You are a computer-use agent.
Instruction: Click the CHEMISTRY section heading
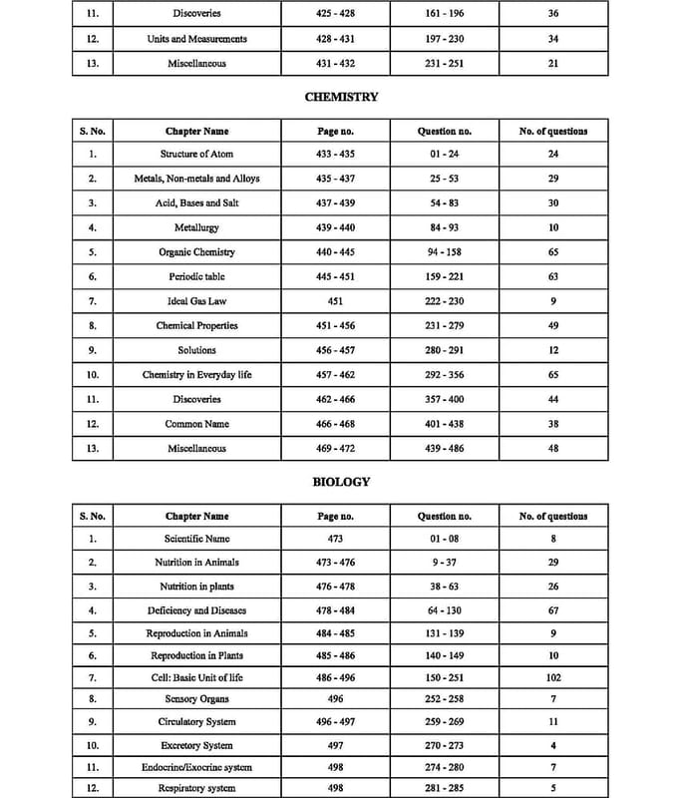(x=340, y=98)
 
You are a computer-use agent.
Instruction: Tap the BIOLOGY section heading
(x=341, y=482)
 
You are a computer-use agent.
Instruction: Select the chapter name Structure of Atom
(x=196, y=155)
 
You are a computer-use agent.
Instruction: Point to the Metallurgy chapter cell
(x=196, y=228)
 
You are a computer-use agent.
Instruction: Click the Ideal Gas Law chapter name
(x=196, y=301)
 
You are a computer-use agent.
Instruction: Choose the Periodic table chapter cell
(x=196, y=276)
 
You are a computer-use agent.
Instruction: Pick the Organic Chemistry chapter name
(x=196, y=252)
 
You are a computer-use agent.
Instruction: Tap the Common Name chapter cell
(x=196, y=424)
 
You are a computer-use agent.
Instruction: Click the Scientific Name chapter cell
(x=196, y=539)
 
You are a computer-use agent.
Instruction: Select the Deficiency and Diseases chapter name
(x=196, y=610)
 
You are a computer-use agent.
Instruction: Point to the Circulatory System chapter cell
(x=196, y=722)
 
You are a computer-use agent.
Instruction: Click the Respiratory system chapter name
(x=196, y=788)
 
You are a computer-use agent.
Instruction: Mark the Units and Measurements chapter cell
(x=196, y=39)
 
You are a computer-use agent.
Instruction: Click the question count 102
(x=553, y=678)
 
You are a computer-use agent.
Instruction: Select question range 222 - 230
(x=444, y=301)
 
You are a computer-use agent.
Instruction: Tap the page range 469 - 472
(x=335, y=449)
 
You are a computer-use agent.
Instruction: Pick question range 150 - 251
(x=444, y=678)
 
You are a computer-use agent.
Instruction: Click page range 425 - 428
(x=335, y=14)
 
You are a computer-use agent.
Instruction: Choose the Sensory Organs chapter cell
(x=196, y=699)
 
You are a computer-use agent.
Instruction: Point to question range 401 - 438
(x=444, y=424)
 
